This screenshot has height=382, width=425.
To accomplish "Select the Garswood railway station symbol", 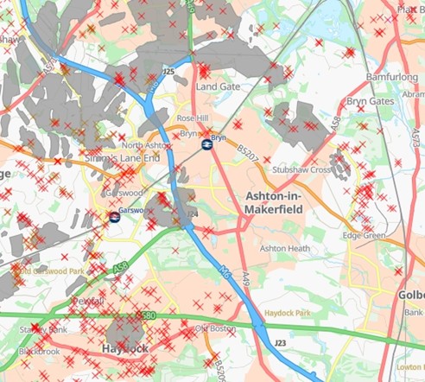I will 115,216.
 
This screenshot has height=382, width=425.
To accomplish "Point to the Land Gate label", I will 217,88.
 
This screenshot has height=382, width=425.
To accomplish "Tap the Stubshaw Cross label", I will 301,170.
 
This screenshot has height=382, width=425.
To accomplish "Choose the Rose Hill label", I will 193,118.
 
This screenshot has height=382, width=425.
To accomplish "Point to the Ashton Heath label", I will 286,249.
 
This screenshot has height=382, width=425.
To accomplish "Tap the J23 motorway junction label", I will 279,344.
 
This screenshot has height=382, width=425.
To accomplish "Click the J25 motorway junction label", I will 168,71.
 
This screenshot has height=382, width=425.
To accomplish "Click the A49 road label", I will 244,278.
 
